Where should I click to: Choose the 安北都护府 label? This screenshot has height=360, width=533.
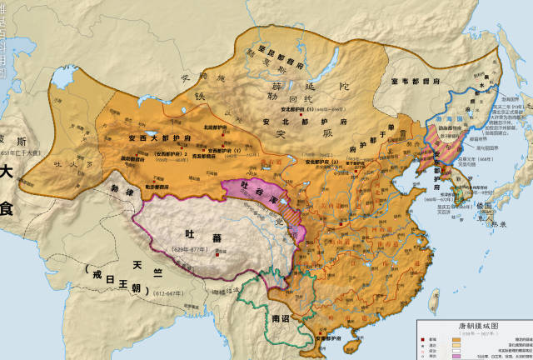[x=309, y=122]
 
